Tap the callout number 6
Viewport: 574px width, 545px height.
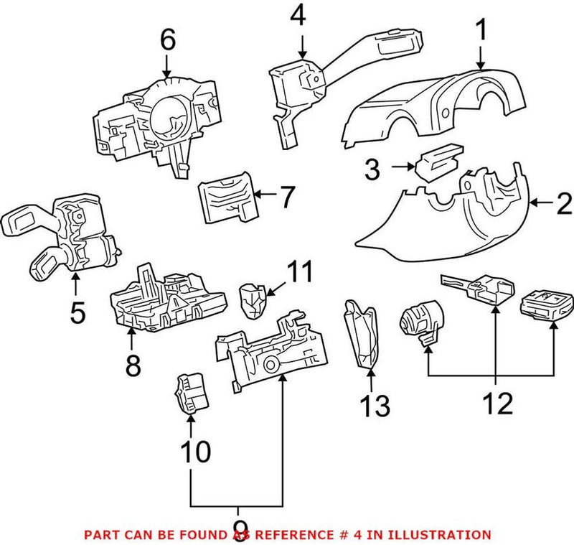click(167, 40)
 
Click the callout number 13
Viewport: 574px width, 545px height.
click(374, 406)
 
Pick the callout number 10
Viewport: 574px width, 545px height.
click(194, 452)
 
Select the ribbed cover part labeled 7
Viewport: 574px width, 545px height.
click(226, 197)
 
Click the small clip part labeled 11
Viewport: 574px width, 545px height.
click(252, 298)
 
